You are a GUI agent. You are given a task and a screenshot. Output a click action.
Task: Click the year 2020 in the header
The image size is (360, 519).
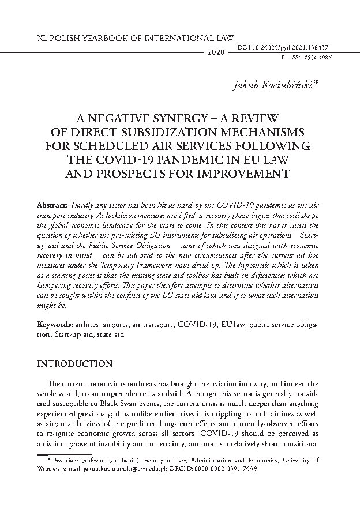(215, 52)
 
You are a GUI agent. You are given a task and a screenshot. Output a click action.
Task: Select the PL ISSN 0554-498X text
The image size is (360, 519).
(307, 58)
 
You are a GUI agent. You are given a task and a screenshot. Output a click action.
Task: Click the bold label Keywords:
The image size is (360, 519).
(54, 326)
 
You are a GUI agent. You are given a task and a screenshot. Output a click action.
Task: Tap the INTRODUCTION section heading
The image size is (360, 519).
(74, 364)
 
